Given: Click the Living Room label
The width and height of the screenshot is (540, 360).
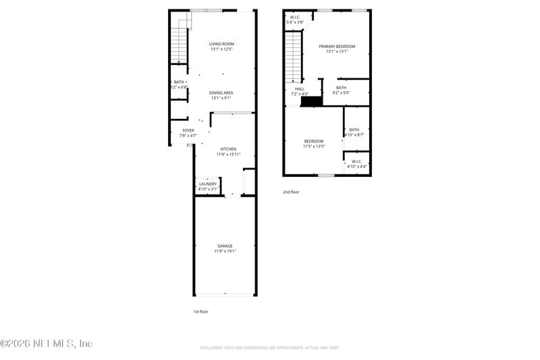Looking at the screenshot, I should pos(222,47).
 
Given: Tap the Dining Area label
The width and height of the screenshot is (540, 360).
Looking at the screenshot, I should pos(221,95).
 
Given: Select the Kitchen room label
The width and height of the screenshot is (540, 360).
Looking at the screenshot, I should pos(228,151).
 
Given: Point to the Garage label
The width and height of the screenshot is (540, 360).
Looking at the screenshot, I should pos(225,249).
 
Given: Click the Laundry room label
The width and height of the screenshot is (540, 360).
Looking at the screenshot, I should pos(208,186).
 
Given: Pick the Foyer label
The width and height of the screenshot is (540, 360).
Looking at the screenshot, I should pos(188,132).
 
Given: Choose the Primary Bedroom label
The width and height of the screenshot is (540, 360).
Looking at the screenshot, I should pos(337,49).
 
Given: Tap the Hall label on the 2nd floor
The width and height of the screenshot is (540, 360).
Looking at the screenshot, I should pos(300,91).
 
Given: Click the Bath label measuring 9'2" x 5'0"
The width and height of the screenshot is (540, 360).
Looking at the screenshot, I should pos(341,90).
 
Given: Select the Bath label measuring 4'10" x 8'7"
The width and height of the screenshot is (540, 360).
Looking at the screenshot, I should pos(354,132).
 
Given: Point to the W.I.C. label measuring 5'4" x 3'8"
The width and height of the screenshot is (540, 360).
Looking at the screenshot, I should pos(295,20).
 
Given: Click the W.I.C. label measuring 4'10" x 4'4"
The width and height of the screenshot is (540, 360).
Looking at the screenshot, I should pos(356,163).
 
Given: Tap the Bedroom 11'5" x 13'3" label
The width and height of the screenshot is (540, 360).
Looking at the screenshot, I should pos(314,143).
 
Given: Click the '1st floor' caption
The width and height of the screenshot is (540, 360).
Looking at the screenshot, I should pos(200,311).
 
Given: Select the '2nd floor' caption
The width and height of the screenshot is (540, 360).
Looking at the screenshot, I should pos(291,192).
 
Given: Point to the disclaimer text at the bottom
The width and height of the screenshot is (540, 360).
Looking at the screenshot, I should pos(269,347).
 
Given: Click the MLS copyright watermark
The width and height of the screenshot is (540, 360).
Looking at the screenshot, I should pos(47,343).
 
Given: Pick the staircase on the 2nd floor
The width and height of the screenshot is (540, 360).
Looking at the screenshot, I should pos(292,57).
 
